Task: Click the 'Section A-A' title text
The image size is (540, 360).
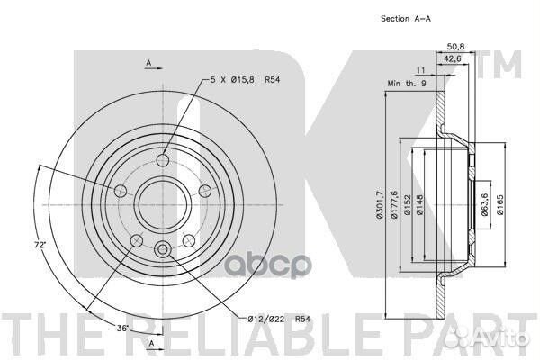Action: (405, 19)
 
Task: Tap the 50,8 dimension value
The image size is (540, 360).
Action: (455, 46)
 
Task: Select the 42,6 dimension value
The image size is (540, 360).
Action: (452, 58)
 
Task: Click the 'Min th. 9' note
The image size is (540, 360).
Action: (407, 84)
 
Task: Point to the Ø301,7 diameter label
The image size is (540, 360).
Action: (380, 204)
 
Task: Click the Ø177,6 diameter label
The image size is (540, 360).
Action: (394, 204)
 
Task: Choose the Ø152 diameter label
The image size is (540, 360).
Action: (408, 204)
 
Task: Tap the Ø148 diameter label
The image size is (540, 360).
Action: (419, 204)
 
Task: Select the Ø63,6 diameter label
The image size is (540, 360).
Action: (484, 204)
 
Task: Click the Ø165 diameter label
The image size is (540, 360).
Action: (500, 204)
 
